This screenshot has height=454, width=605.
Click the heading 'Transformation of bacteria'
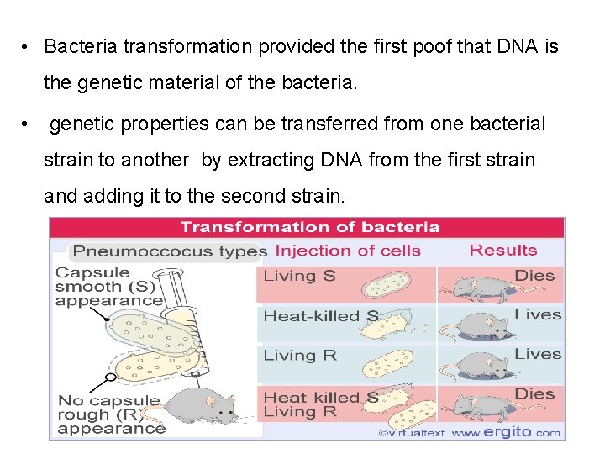tap(309, 227)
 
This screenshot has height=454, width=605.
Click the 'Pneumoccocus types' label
tap(169, 251)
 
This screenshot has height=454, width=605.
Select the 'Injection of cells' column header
tap(348, 251)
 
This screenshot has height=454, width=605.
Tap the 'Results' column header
tap(502, 250)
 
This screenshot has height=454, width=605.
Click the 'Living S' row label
tap(300, 276)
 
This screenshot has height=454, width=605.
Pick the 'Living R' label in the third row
tap(300, 356)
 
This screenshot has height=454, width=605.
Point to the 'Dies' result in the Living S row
tap(534, 275)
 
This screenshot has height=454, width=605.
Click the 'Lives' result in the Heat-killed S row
tap(537, 314)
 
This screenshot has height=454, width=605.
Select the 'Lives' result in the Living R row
tap(537, 354)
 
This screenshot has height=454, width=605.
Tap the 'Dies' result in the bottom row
tap(534, 393)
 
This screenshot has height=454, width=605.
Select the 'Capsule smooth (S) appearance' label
tap(108, 287)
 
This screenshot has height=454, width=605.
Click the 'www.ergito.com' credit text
tap(506, 433)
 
